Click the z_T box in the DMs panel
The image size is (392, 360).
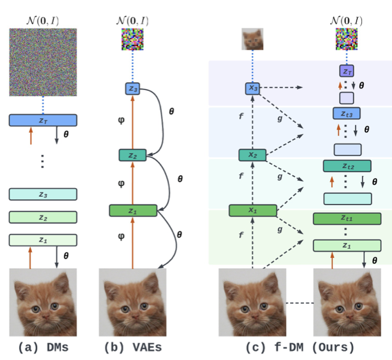[43, 121]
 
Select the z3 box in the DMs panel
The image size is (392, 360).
[43, 194]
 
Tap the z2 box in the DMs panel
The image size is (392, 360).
[43, 217]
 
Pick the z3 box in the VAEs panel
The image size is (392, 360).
[132, 89]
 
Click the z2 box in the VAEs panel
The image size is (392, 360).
[132, 156]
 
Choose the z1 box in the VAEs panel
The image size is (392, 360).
[132, 211]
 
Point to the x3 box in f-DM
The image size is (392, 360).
[253, 88]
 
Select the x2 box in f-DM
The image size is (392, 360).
[253, 155]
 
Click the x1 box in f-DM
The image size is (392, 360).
[253, 211]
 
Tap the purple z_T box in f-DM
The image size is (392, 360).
[347, 71]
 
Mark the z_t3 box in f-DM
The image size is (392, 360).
[347, 113]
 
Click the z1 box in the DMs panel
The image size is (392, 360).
[43, 240]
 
